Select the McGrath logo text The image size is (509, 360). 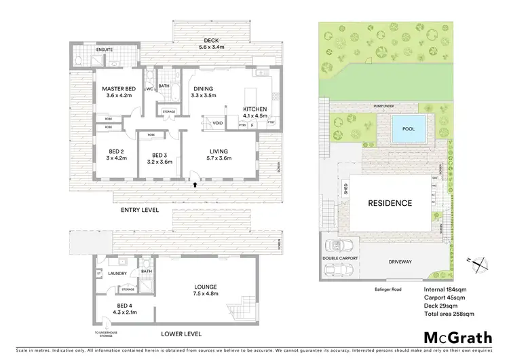pos(458,337)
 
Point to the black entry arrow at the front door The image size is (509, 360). pos(195,183)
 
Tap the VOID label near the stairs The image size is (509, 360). pos(218,123)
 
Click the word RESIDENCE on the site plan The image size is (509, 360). pos(390,203)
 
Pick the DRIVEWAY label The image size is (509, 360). pos(401,261)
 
